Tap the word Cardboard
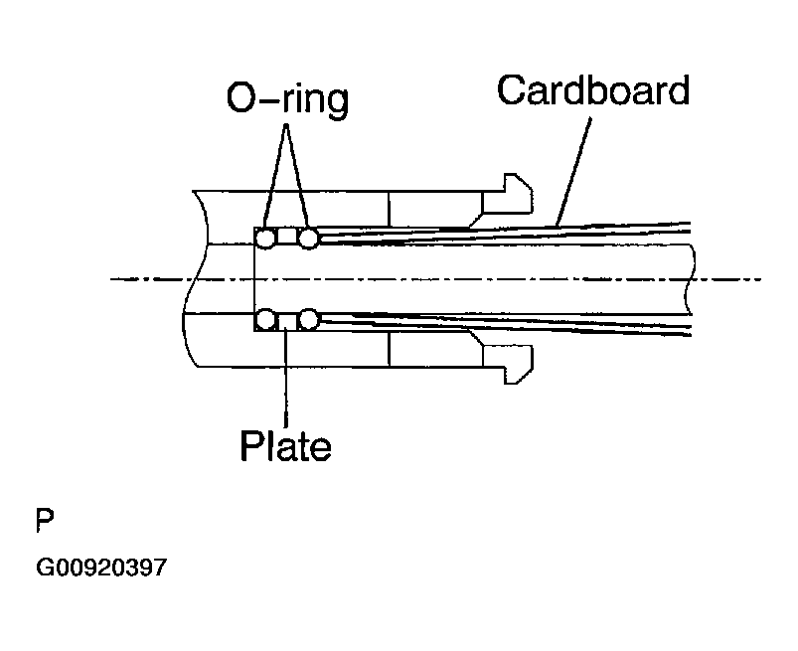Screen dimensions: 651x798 pyautogui.click(x=592, y=90)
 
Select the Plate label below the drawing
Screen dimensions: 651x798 pyautogui.click(x=285, y=446)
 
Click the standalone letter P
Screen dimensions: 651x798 pyautogui.click(x=45, y=520)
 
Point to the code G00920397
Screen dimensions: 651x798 pyautogui.click(x=102, y=569)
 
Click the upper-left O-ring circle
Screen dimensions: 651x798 pyautogui.click(x=265, y=238)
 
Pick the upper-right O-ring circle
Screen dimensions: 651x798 pyautogui.click(x=308, y=238)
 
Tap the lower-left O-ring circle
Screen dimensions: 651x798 pyautogui.click(x=265, y=319)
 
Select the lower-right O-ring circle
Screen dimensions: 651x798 pyautogui.click(x=308, y=319)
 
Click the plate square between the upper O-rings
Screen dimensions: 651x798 pyautogui.click(x=286, y=238)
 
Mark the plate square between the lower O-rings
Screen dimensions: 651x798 pyautogui.click(x=286, y=319)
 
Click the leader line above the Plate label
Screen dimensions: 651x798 pyautogui.click(x=286, y=378)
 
